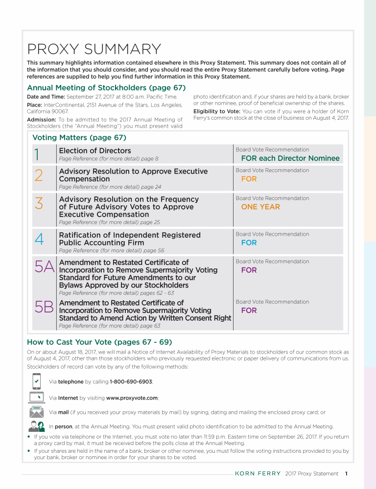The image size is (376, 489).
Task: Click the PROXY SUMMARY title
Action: (x=94, y=49)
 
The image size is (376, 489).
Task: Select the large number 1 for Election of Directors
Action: (x=37, y=155)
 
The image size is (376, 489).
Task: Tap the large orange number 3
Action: (x=39, y=203)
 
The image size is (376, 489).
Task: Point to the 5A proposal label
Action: (x=45, y=267)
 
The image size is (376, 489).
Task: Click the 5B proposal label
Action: (x=44, y=307)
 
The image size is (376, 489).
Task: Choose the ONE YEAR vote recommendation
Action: (x=260, y=207)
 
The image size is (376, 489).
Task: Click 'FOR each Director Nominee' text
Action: (x=290, y=158)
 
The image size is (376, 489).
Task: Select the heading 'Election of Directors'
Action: (x=95, y=151)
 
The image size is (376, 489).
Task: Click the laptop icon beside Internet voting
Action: (x=37, y=397)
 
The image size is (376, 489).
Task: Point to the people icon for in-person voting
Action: (x=37, y=426)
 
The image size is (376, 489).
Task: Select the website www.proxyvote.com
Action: (x=132, y=398)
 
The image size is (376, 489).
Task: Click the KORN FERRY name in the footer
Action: (x=258, y=473)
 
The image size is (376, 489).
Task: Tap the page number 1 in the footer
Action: (x=346, y=473)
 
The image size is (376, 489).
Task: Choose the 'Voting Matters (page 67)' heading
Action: (x=79, y=137)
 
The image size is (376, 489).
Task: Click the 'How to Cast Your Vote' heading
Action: (x=99, y=342)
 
